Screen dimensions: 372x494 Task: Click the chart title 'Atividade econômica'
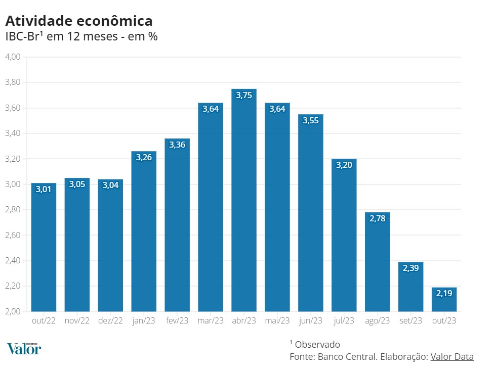pyautogui.click(x=78, y=21)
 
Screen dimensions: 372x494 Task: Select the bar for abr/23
pyautogui.click(x=244, y=202)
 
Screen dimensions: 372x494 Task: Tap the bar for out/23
pyautogui.click(x=444, y=301)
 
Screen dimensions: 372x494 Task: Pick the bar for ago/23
pyautogui.click(x=377, y=263)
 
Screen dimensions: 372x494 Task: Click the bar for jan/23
pyautogui.click(x=144, y=232)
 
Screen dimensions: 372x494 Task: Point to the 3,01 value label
pyautogui.click(x=44, y=190)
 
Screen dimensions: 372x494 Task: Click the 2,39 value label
pyautogui.click(x=410, y=268)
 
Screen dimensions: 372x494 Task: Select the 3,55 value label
pyautogui.click(x=311, y=121)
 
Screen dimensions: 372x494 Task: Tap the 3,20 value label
pyautogui.click(x=344, y=165)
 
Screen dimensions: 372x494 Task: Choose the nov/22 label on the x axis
pyautogui.click(x=77, y=321)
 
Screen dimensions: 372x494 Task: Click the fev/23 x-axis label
pyautogui.click(x=177, y=321)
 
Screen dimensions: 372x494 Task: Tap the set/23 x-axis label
pyautogui.click(x=410, y=321)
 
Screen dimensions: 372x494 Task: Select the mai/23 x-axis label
pyautogui.click(x=277, y=321)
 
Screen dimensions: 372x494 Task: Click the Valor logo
pyautogui.click(x=24, y=348)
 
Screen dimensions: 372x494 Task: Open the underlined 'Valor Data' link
pyautogui.click(x=452, y=356)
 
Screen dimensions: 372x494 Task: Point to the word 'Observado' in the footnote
pyautogui.click(x=317, y=344)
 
